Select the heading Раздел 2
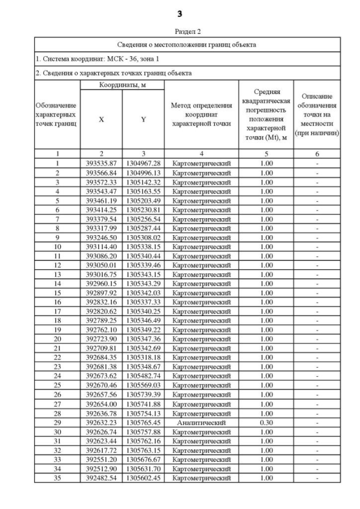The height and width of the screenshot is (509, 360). tap(188, 33)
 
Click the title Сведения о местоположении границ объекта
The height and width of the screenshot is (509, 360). tap(188, 44)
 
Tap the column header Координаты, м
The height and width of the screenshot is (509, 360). tap(122, 84)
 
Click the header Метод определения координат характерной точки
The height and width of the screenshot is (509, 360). tap(201, 115)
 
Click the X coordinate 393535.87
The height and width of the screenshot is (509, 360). tap(101, 163)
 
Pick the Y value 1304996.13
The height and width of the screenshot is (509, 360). tap(143, 173)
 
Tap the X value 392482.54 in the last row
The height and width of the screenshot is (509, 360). tap(101, 478)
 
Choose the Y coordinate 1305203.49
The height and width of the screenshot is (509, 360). tap(143, 201)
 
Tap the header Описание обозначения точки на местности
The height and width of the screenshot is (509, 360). tap(317, 115)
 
